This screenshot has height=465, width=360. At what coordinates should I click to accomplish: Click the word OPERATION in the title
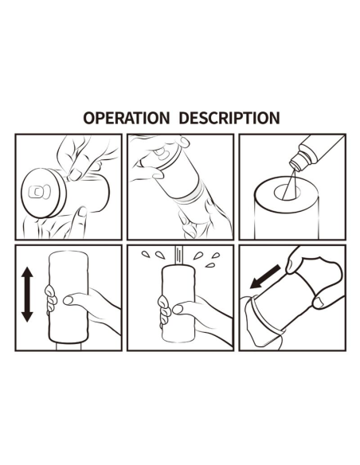[x=126, y=118]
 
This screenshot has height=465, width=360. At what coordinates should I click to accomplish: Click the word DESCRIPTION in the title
[x=229, y=118]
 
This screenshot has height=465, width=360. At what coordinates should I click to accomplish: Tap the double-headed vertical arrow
[x=27, y=294]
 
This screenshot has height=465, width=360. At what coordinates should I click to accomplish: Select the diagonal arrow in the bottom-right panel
[x=264, y=276]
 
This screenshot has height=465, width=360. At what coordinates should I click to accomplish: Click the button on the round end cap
[x=37, y=192]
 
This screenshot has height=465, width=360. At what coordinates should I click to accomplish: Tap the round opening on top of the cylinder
[x=287, y=193]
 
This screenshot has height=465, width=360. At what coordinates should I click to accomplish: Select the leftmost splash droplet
[x=145, y=253]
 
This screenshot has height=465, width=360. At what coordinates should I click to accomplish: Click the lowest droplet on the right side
[x=210, y=265]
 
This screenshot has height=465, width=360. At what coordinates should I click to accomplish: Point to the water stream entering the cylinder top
[x=178, y=256]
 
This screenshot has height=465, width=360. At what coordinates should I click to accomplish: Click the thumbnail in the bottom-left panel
[x=68, y=300]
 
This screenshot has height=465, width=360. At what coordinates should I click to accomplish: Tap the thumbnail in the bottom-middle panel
[x=178, y=309]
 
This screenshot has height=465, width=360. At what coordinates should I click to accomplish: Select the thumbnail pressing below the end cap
[x=82, y=212]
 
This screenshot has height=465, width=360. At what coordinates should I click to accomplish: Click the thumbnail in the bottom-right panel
[x=319, y=303]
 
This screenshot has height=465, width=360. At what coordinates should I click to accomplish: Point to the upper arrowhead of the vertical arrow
[x=27, y=273]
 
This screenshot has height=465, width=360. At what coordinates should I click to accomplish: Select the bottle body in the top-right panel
[x=322, y=150]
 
